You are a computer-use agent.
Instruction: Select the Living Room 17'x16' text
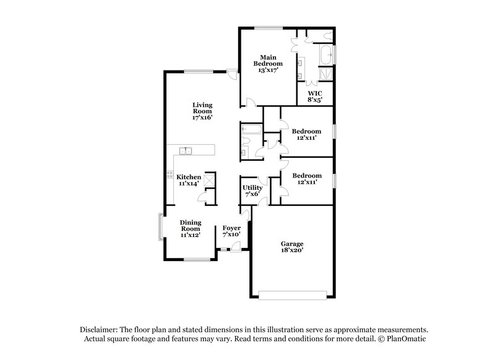(202, 111)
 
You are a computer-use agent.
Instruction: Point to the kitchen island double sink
(186, 150)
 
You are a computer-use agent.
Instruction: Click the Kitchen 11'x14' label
(189, 181)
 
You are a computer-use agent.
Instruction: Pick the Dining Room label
(190, 228)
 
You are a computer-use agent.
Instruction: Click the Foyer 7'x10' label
(231, 231)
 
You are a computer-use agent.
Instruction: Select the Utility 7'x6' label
(252, 191)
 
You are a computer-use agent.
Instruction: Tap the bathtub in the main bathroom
(325, 55)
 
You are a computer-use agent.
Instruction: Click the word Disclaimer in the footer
(99, 330)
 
